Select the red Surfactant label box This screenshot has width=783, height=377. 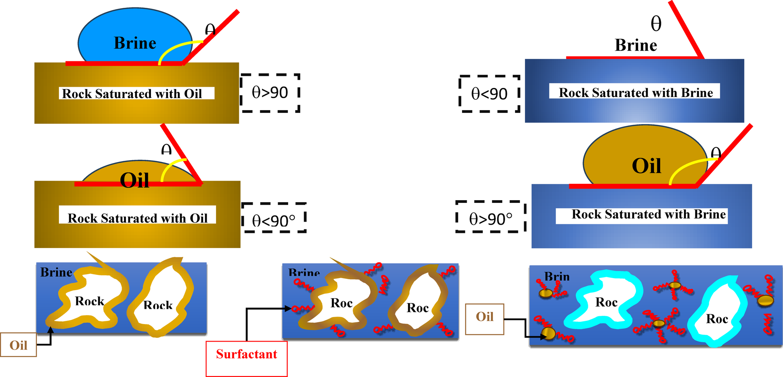click(x=246, y=359)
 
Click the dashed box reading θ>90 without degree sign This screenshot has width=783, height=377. click(x=270, y=93)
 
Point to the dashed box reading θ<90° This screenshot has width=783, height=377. click(x=273, y=218)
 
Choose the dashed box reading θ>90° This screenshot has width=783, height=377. click(x=491, y=217)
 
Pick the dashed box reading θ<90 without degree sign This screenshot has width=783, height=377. click(x=490, y=93)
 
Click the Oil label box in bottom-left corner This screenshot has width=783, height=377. click(x=18, y=345)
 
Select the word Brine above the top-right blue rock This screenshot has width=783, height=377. click(x=636, y=46)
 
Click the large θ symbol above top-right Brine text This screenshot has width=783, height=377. click(x=656, y=24)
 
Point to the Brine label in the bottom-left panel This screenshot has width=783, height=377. click(x=56, y=272)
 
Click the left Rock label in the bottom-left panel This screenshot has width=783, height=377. click(x=89, y=301)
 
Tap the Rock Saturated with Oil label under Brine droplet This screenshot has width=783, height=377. click(x=133, y=93)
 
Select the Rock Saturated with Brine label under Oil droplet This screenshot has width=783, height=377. click(x=648, y=215)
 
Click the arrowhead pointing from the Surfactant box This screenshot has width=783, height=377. click(x=288, y=309)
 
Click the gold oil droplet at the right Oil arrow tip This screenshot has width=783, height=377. click(x=549, y=334)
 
